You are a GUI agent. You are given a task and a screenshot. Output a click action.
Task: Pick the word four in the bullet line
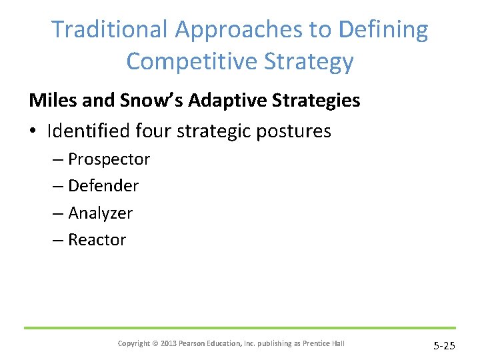153,131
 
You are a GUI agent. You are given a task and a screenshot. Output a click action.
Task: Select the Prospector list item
109,160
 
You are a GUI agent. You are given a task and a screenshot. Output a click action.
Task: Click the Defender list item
103,186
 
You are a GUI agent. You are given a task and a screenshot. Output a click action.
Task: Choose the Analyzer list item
100,213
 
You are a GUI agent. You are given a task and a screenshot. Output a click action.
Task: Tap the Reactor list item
97,240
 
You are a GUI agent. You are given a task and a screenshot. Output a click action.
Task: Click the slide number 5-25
445,345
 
